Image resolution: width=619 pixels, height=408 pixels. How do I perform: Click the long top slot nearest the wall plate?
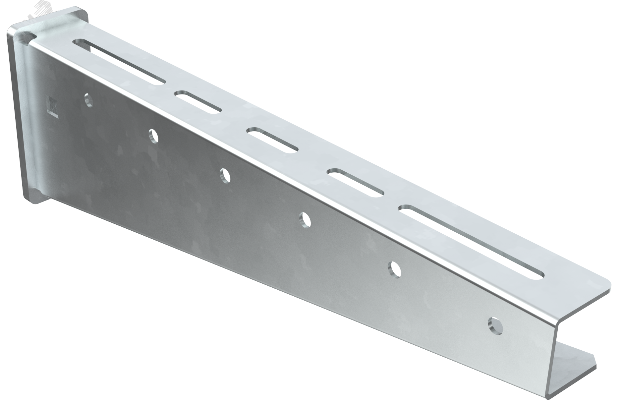point(119,62)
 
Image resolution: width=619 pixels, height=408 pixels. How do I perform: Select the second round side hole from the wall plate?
point(153,136)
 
